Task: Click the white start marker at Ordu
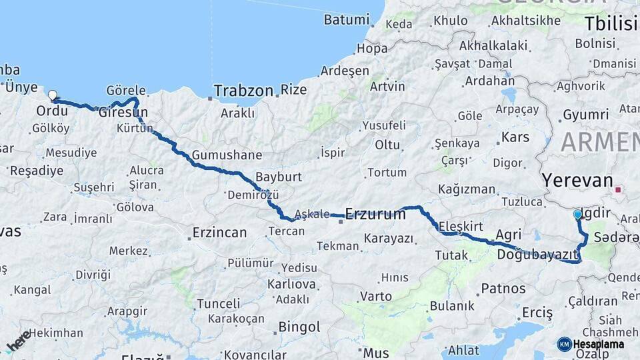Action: click(x=52, y=95)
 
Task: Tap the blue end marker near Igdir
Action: click(x=577, y=215)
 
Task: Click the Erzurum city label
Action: click(x=376, y=215)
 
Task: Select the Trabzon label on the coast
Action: click(x=243, y=91)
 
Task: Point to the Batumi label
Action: click(x=346, y=19)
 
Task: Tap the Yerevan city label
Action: click(x=577, y=180)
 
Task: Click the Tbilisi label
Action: click(x=611, y=24)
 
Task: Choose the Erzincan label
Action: click(x=219, y=233)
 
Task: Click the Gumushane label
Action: click(x=227, y=155)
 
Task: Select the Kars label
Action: click(x=515, y=137)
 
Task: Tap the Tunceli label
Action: click(x=218, y=304)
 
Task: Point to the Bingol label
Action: click(x=299, y=327)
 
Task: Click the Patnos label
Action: click(x=503, y=289)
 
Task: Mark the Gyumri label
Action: click(x=585, y=115)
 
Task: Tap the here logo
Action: click(x=19, y=340)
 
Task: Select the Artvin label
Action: click(x=387, y=86)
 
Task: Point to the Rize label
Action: click(x=294, y=89)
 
